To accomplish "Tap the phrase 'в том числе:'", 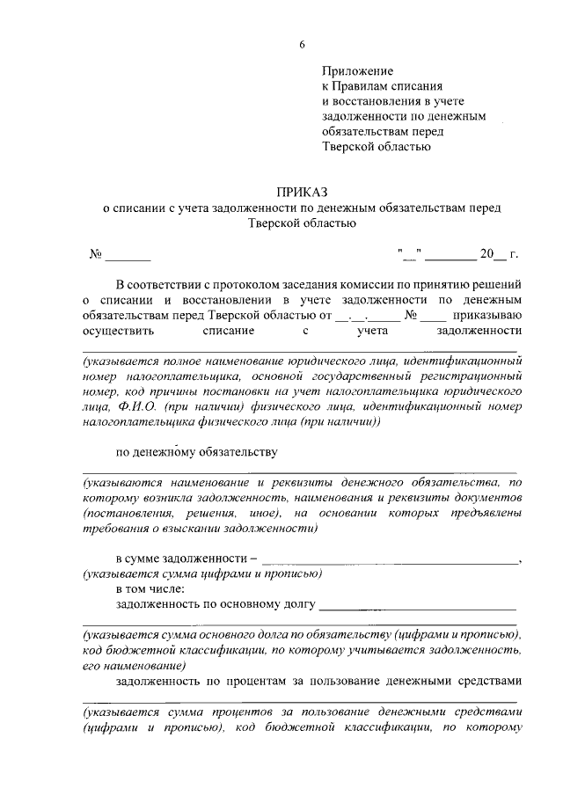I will (x=150, y=589).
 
